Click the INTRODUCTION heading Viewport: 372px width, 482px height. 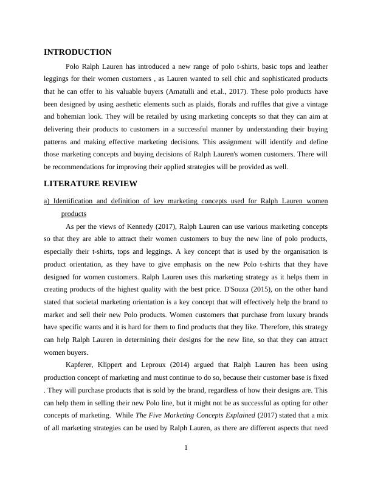(x=78, y=52)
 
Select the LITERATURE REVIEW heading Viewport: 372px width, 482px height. (x=91, y=184)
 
